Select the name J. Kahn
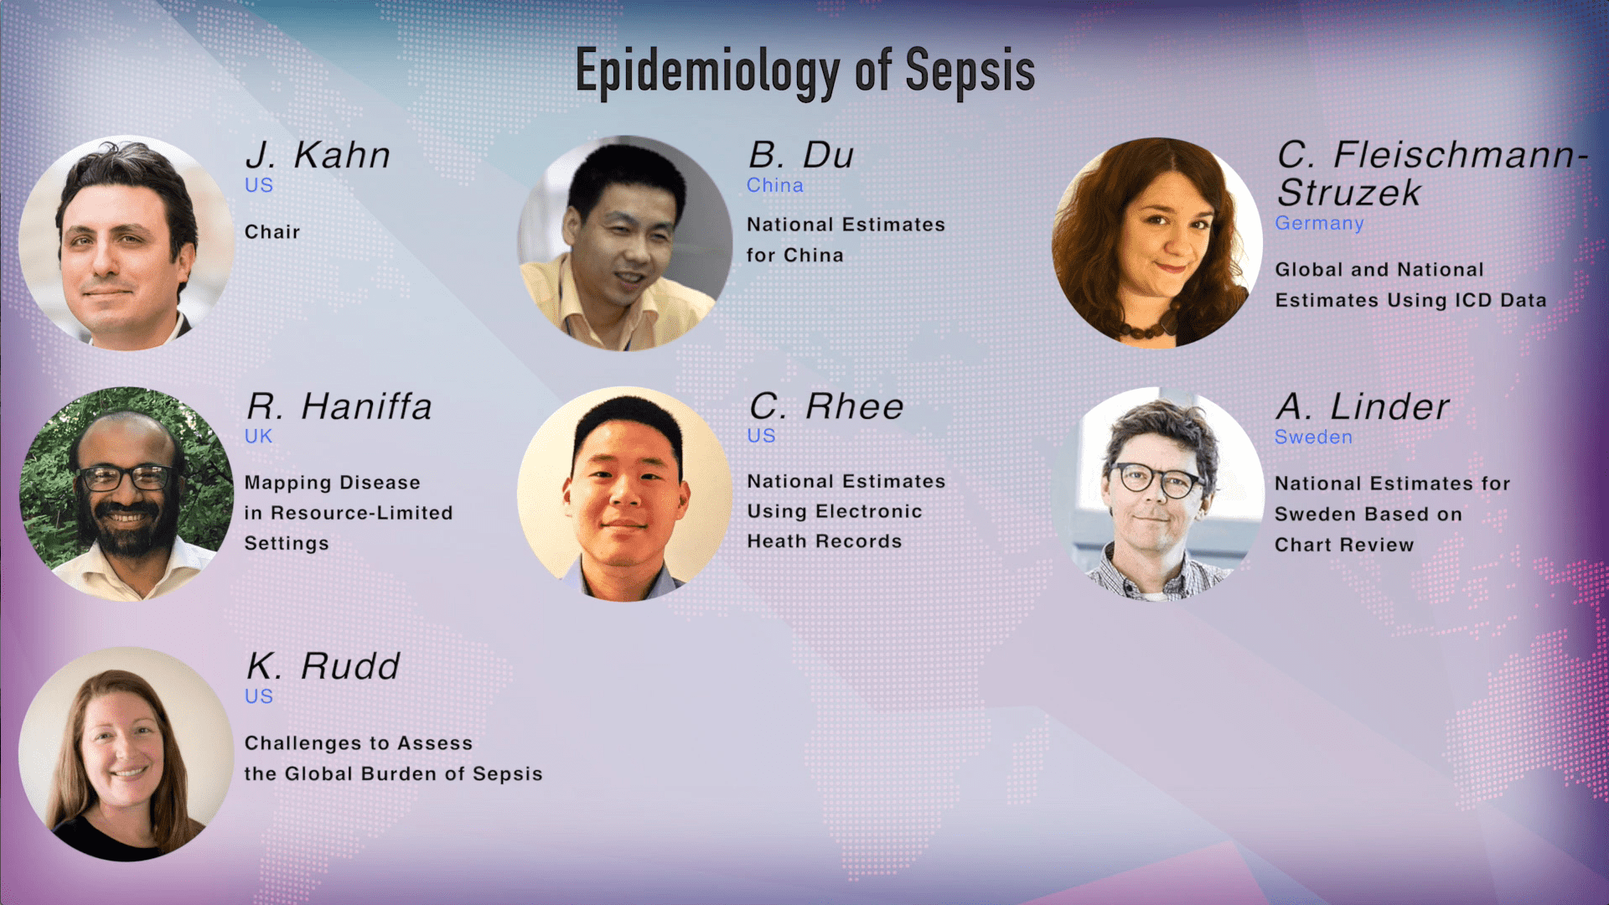[x=318, y=155]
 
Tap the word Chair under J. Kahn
[x=272, y=232]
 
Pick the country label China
[x=775, y=185]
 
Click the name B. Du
[x=801, y=155]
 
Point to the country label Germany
[x=1319, y=223]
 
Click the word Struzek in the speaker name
[x=1348, y=193]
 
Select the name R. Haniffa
[x=339, y=406]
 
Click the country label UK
[x=258, y=436]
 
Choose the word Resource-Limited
[x=361, y=513]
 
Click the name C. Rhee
[x=826, y=406]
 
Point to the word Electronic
[x=868, y=511]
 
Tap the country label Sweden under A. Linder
[x=1313, y=437]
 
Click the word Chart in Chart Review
[x=1303, y=545]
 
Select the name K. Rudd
[x=323, y=666]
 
